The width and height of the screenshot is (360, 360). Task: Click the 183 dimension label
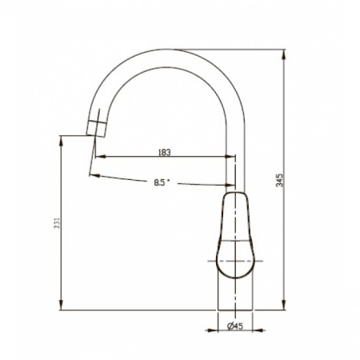click(164, 152)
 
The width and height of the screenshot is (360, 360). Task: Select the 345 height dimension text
click(279, 180)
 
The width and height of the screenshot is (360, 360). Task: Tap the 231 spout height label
click(57, 223)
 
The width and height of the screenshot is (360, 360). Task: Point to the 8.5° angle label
click(162, 182)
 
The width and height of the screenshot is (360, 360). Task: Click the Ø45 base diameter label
click(235, 326)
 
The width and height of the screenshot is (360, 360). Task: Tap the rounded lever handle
click(235, 234)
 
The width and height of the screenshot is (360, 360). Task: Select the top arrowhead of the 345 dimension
click(284, 55)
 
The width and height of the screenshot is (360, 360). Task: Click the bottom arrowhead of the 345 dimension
click(284, 304)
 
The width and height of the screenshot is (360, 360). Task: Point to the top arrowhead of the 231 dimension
click(62, 142)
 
